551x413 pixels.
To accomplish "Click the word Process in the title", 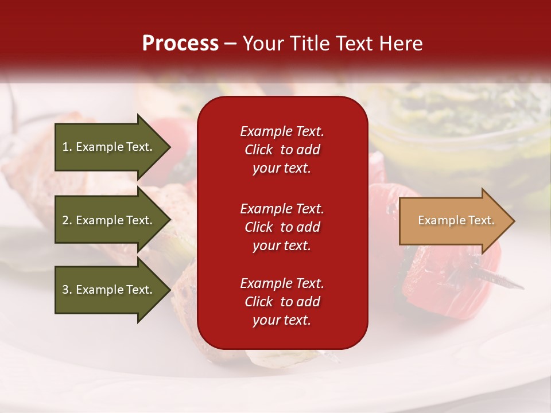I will tap(180, 44).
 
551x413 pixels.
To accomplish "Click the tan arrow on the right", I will tap(453, 221).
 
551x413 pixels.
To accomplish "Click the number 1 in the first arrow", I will tap(65, 147).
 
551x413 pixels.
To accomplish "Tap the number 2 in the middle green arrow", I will tap(65, 220).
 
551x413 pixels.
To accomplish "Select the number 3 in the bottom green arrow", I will tap(65, 290).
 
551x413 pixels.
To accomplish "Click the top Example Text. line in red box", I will tap(282, 131).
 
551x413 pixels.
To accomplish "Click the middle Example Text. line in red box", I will tap(282, 209).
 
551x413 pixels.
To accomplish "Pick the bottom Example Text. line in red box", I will tap(282, 283).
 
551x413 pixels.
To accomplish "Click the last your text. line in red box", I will tap(282, 321).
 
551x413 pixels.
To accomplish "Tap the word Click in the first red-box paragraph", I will tap(258, 150).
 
